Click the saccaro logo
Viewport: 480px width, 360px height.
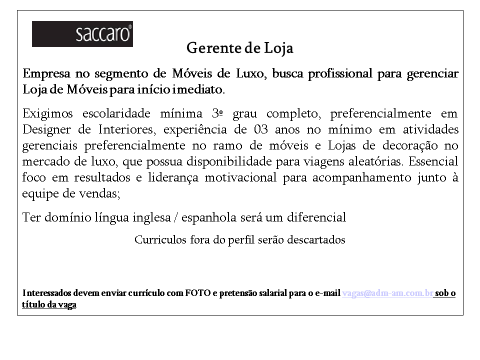point(82,35)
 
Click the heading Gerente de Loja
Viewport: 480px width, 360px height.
point(240,48)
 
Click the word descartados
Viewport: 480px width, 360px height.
point(311,240)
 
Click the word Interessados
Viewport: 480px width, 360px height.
point(47,292)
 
